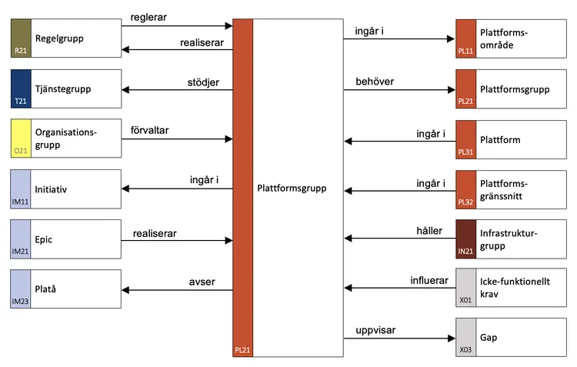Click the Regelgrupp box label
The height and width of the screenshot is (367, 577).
click(60, 38)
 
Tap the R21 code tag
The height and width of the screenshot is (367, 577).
click(20, 51)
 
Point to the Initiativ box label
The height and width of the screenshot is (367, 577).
click(52, 189)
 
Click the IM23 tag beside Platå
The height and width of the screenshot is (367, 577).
click(20, 302)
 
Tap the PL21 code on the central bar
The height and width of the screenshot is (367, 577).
click(242, 350)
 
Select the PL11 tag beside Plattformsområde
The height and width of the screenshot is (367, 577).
click(466, 51)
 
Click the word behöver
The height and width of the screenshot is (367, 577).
click(374, 82)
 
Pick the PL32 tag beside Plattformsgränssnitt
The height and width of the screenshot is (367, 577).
click(466, 202)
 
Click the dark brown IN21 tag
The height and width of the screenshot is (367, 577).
click(466, 252)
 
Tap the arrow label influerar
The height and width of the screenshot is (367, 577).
click(429, 281)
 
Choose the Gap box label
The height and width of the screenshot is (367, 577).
click(488, 339)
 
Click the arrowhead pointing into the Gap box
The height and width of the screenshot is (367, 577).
click(452, 339)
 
